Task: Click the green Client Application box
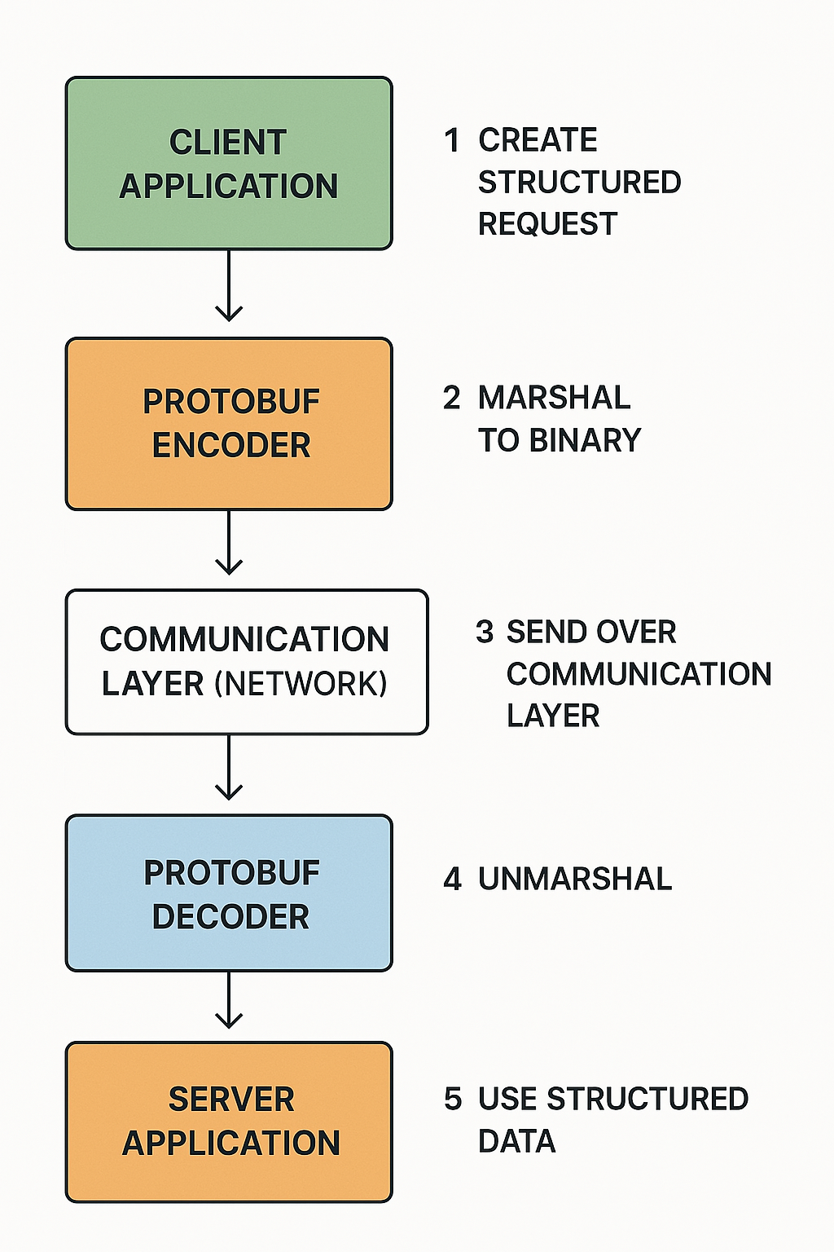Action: tap(229, 163)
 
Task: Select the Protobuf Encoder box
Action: tap(229, 424)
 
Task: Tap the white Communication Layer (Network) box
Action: tap(246, 662)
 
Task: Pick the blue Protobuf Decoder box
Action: tap(229, 893)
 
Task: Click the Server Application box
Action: tap(229, 1122)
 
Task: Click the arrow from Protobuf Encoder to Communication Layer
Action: tap(229, 543)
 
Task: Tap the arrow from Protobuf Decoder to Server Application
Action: tap(229, 1000)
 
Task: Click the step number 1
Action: tap(452, 140)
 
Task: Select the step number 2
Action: tap(452, 398)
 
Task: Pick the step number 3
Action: tap(485, 632)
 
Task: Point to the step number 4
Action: tap(452, 879)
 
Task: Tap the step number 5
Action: tap(453, 1099)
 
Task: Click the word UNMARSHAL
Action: tap(575, 879)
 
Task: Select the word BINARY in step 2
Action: tap(585, 440)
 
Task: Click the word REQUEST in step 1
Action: tap(547, 223)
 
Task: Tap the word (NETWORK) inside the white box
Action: tap(301, 684)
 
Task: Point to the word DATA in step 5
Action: tap(516, 1141)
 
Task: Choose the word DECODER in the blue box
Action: tap(230, 917)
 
